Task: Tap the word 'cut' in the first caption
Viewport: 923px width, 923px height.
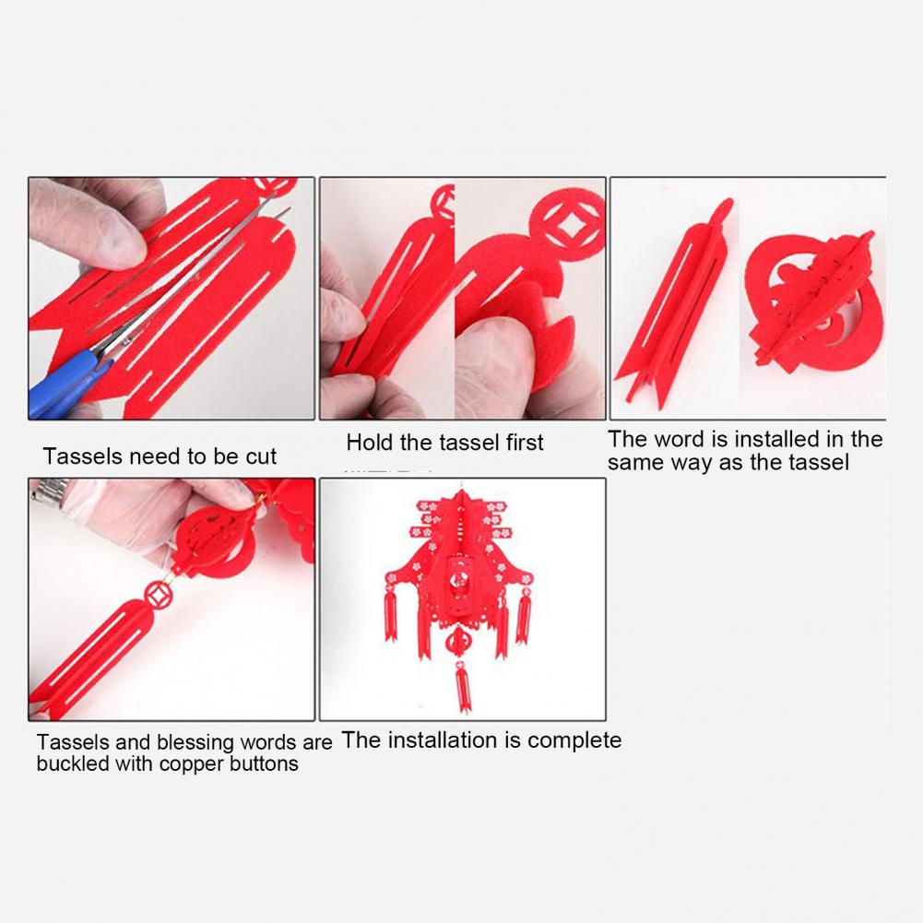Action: pos(261,456)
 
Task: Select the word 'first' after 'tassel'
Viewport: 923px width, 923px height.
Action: pos(525,442)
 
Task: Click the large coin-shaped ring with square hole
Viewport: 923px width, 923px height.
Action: pos(567,224)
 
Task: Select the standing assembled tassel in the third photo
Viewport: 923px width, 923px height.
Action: pos(674,304)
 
